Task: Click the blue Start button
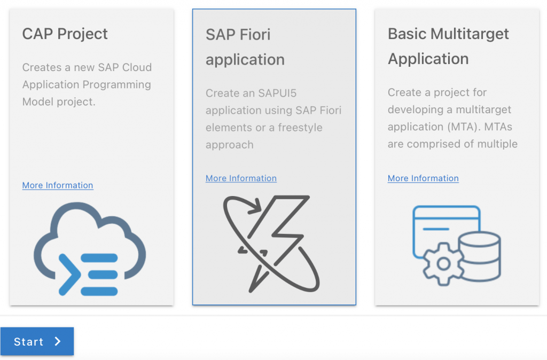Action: pyautogui.click(x=37, y=341)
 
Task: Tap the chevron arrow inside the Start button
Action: pyautogui.click(x=58, y=341)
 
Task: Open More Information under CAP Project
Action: pyautogui.click(x=58, y=185)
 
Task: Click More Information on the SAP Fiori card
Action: pyautogui.click(x=241, y=178)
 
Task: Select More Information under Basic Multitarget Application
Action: pyautogui.click(x=423, y=178)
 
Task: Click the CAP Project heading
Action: pyautogui.click(x=65, y=34)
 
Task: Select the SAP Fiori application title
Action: pyautogui.click(x=245, y=47)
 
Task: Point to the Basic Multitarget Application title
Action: pyautogui.click(x=448, y=46)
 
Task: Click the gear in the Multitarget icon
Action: pyautogui.click(x=443, y=264)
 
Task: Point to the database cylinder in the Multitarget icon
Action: pyautogui.click(x=480, y=256)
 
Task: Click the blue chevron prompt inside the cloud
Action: pyautogui.click(x=70, y=275)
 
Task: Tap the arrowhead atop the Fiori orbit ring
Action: pyautogui.click(x=254, y=206)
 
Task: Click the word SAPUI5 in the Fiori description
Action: pyautogui.click(x=277, y=93)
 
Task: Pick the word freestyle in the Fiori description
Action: pyautogui.click(x=300, y=128)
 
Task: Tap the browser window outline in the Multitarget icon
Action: pyautogui.click(x=447, y=207)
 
